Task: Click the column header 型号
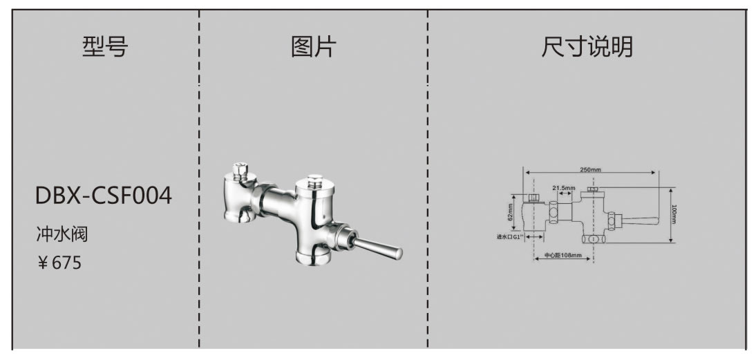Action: (105, 47)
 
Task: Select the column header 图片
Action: (313, 47)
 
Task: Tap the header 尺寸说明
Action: (587, 47)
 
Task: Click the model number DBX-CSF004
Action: (104, 196)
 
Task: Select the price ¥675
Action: (59, 263)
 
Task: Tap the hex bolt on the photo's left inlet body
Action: (241, 168)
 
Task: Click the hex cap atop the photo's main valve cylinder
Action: (315, 182)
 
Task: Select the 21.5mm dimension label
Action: (564, 187)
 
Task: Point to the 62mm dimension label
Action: (511, 215)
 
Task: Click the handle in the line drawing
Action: (639, 220)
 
